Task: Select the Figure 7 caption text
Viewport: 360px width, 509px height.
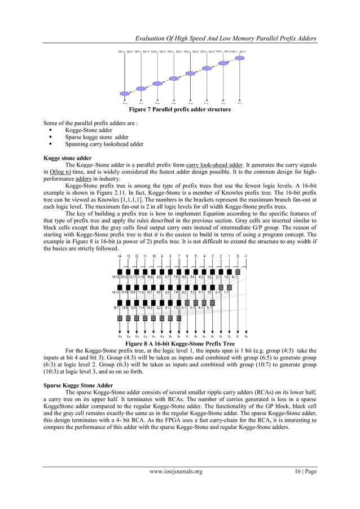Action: tap(179, 109)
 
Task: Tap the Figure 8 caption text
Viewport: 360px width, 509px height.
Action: tap(180, 343)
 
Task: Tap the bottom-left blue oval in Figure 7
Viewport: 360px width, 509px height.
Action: tap(125, 94)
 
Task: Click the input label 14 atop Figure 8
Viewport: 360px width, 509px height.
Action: tap(120, 256)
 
